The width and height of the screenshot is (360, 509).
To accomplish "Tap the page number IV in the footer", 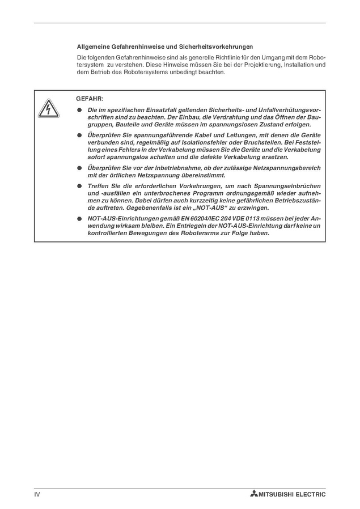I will [37, 494].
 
